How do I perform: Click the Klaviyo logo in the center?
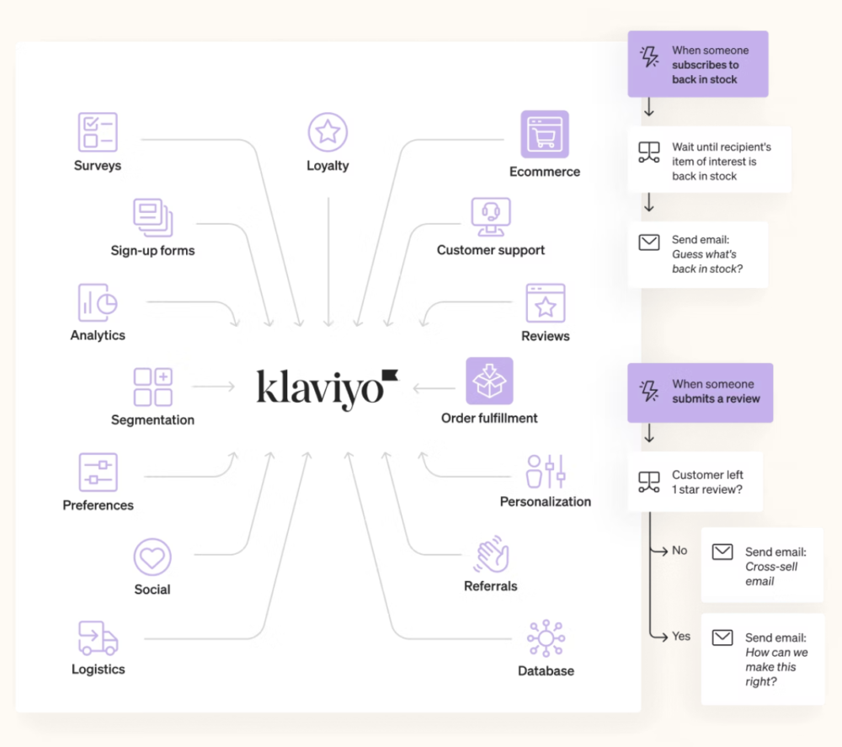(327, 388)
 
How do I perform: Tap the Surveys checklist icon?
(98, 132)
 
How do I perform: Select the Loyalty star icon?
(328, 132)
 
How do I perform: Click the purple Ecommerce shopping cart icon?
(545, 134)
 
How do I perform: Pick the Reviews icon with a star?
(546, 303)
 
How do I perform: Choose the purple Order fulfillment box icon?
(489, 381)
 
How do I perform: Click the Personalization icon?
(546, 471)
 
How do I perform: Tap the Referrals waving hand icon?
(491, 554)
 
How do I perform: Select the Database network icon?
(546, 638)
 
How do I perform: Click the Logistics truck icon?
(98, 638)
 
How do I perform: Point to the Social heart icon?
(152, 557)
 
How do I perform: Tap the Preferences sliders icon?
(98, 472)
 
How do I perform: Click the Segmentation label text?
(152, 419)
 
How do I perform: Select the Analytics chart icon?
(98, 302)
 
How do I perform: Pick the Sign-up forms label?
(152, 250)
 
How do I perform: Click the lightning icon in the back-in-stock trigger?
(649, 56)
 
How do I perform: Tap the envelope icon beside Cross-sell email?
(722, 552)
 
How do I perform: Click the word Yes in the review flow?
(681, 636)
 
